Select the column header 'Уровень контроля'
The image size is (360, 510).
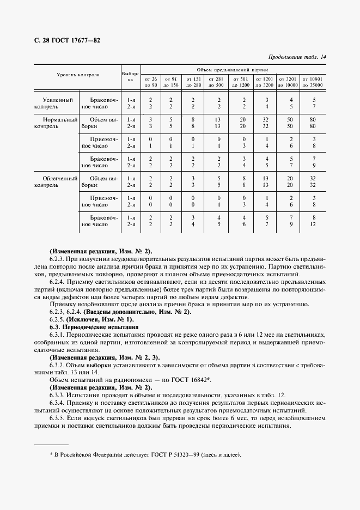[x=78, y=74]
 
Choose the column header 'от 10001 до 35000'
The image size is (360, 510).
[x=313, y=82]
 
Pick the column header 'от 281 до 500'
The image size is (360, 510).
[x=216, y=82]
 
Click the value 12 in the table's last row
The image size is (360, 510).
[x=313, y=224]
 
